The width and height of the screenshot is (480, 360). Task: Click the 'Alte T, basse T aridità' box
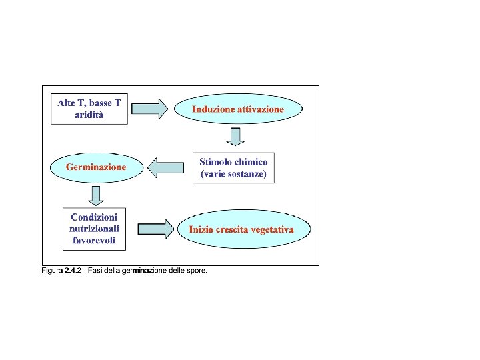(x=89, y=109)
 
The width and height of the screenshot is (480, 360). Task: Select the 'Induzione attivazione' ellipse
(x=238, y=109)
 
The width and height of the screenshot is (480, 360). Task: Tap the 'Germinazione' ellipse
(x=96, y=167)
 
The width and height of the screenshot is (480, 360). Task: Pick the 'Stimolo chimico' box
(x=233, y=169)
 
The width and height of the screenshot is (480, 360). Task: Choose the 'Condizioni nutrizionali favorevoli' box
(x=94, y=229)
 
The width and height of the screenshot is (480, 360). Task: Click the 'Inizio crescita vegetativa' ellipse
(x=245, y=229)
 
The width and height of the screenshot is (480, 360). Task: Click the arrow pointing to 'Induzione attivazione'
(x=150, y=109)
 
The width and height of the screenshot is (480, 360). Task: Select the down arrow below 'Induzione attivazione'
(x=235, y=136)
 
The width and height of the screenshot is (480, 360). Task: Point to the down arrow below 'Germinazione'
(x=96, y=195)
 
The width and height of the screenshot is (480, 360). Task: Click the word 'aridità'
(x=89, y=115)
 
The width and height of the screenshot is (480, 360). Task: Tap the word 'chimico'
(x=251, y=162)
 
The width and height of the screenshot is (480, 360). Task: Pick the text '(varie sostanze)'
(x=233, y=175)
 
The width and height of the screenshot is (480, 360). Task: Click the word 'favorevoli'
(x=94, y=241)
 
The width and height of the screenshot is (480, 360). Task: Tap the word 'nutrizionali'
(x=94, y=229)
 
